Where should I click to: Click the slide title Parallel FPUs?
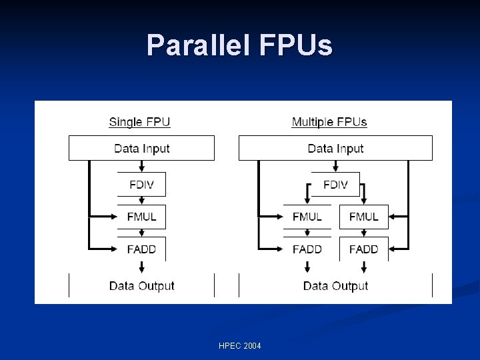tap(239, 45)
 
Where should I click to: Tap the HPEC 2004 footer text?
tap(239, 345)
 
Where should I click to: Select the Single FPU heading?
tap(139, 122)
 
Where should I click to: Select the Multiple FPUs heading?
tap(329, 122)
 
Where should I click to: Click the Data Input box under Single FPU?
tap(141, 148)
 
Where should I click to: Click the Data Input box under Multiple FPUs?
tap(335, 148)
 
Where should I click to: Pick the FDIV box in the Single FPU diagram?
tap(141, 185)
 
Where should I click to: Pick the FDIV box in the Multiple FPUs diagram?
tap(335, 185)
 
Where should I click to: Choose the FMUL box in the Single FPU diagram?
tap(141, 217)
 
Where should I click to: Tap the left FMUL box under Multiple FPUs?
tap(307, 217)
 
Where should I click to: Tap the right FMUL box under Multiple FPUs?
tap(363, 217)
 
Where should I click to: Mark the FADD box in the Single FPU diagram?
tap(141, 249)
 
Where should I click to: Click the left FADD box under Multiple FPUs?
tap(307, 249)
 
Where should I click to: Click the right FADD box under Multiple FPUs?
tap(363, 249)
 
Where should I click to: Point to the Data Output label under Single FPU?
tap(141, 286)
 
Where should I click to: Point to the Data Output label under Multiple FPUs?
tap(335, 286)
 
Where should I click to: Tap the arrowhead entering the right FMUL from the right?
tap(393, 216)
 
